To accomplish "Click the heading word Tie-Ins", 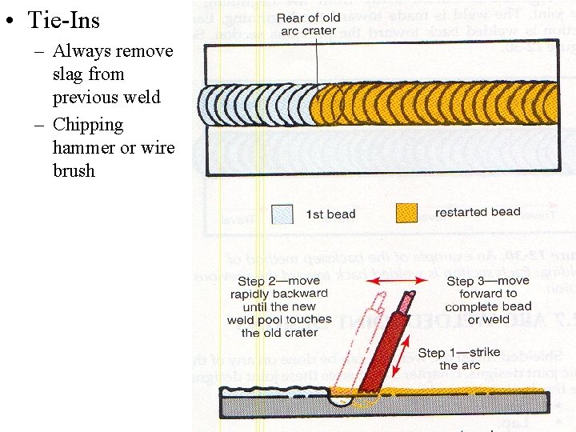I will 64,18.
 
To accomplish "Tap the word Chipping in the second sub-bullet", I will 88,125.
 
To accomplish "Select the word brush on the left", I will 74,170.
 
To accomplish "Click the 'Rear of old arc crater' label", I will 307,25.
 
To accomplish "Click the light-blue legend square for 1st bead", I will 282,214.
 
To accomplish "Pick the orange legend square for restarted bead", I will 406,214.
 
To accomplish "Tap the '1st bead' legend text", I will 330,214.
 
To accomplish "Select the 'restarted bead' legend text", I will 478,213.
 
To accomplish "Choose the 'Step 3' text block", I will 488,300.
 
